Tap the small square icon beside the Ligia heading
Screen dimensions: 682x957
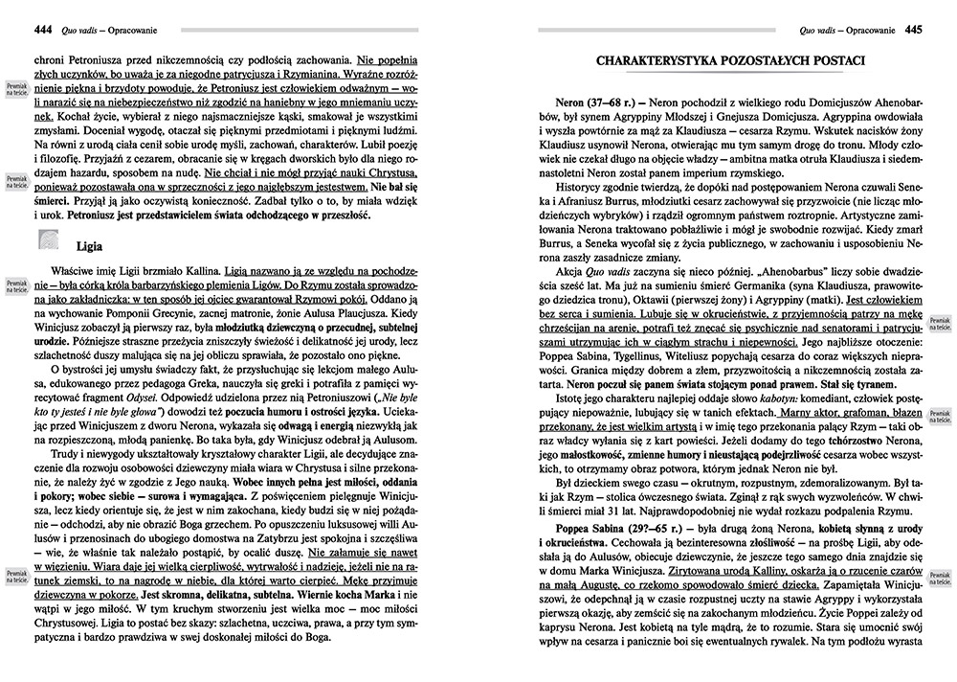(x=49, y=241)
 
